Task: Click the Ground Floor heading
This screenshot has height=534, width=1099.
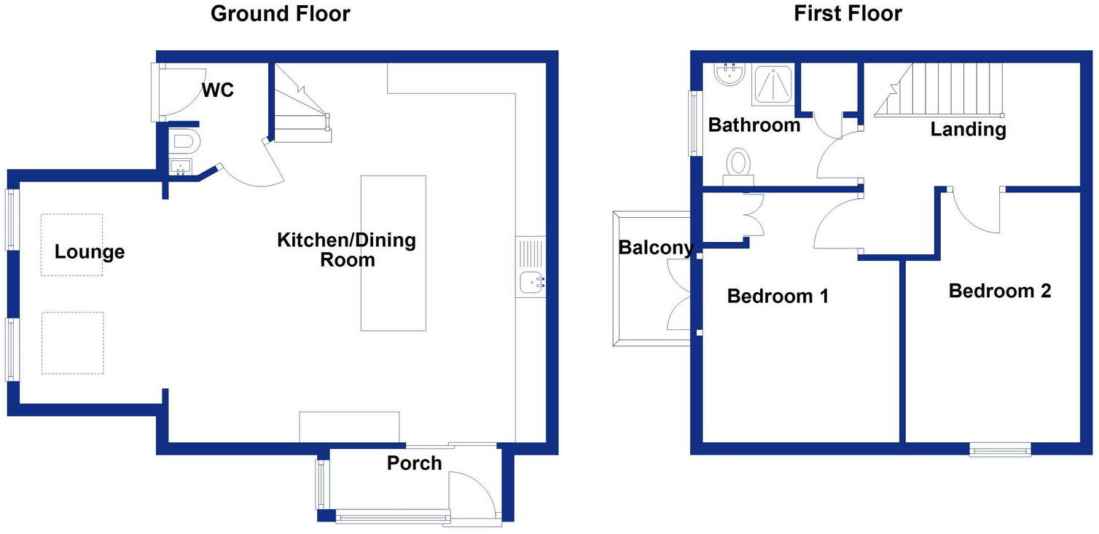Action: coord(280,14)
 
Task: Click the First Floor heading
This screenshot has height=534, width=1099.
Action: coord(848,14)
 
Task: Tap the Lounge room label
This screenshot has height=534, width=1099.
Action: coord(90,253)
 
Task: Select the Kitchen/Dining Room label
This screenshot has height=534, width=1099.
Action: coord(346,250)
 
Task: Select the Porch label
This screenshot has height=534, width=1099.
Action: coord(414,463)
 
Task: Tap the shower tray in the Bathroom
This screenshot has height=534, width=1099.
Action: coord(774,85)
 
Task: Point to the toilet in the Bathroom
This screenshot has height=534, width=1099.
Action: coord(738,165)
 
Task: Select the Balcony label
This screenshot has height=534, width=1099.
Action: coord(654,248)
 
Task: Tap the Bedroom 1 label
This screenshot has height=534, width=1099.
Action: coord(778,297)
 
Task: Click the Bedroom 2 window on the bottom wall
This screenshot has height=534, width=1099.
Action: coord(1000,449)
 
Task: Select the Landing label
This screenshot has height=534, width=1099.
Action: coord(968,130)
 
